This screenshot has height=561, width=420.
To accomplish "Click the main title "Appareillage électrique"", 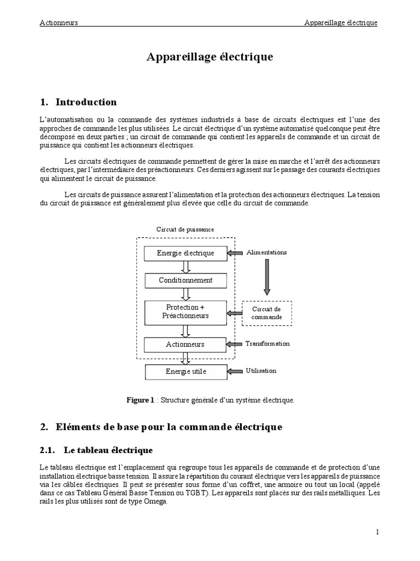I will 209,57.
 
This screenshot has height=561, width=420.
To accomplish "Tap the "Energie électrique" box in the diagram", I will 185,253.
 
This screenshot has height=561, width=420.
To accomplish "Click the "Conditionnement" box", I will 185,280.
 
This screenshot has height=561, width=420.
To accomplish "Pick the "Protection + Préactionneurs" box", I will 185,312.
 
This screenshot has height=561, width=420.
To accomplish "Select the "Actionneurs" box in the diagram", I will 185,344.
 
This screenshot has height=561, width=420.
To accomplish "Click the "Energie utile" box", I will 185,372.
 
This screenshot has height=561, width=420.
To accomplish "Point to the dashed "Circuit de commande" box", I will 267,313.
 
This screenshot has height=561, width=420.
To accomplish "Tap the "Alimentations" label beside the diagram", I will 266,253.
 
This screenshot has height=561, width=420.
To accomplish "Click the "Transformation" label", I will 267,344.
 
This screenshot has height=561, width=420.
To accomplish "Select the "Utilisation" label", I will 261,371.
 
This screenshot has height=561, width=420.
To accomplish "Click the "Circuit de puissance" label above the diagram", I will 185,230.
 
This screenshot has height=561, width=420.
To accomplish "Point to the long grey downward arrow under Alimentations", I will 267,277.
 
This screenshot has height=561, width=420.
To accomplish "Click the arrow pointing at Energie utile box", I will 235,371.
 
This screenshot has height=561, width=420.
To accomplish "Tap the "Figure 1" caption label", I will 141,400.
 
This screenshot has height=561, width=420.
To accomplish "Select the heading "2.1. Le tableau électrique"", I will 96,450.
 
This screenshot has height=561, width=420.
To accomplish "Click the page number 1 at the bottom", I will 377,531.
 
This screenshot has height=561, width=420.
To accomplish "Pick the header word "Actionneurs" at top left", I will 59,22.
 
